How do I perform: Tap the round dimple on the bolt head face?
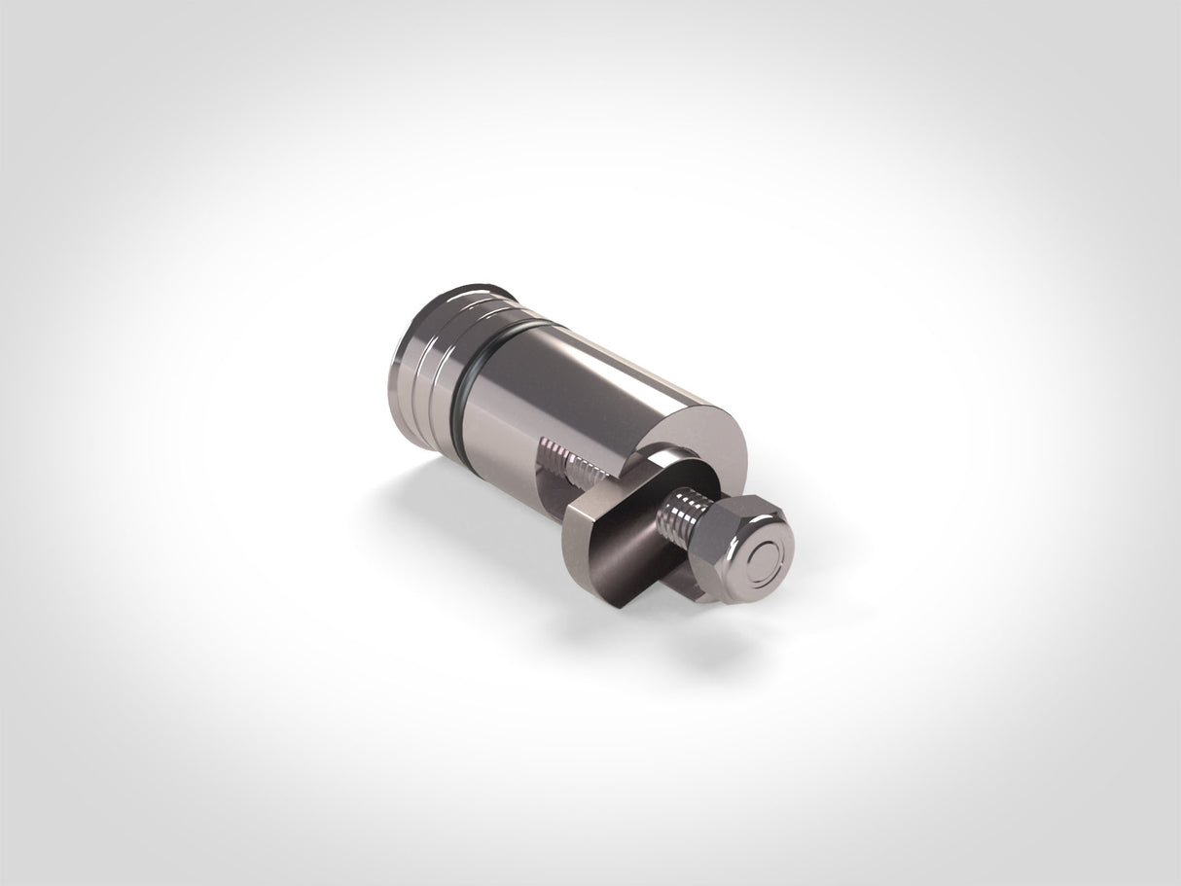tap(767, 558)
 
